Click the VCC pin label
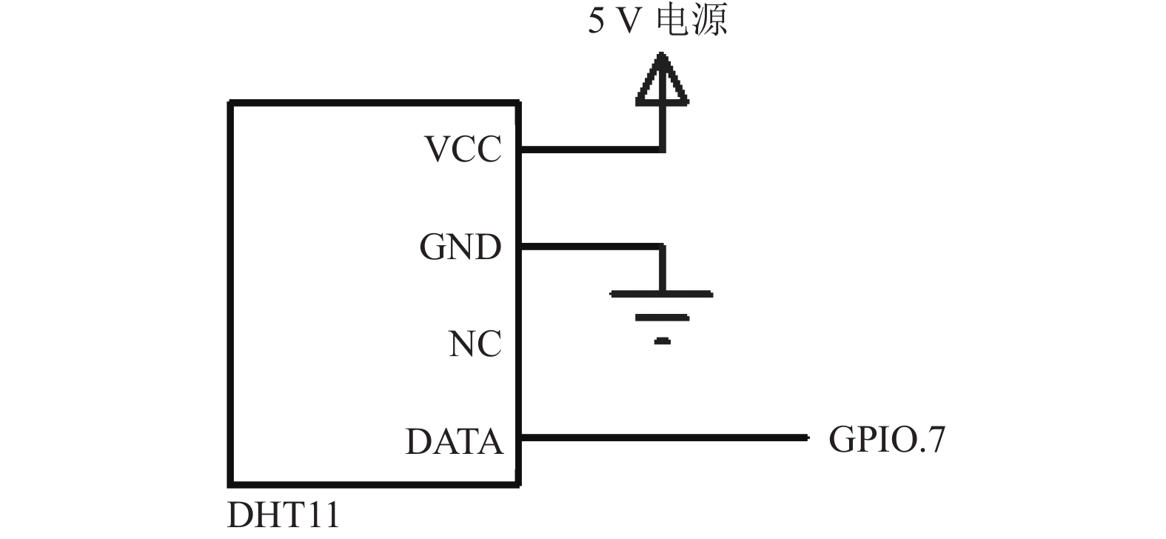click(x=463, y=150)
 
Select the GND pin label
click(x=460, y=247)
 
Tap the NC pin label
click(x=475, y=344)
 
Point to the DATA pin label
click(x=455, y=441)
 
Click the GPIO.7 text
click(x=886, y=439)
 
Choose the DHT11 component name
click(x=284, y=515)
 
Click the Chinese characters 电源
click(x=691, y=21)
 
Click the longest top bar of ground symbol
click(x=661, y=294)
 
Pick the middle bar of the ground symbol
click(x=662, y=318)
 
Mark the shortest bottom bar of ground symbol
click(x=662, y=341)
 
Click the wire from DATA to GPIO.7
click(x=665, y=438)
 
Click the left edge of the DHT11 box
click(x=230, y=294)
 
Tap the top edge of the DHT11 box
click(x=375, y=103)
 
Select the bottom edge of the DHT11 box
click(x=375, y=484)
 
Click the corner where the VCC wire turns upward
click(x=662, y=150)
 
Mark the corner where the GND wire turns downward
click(x=662, y=247)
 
